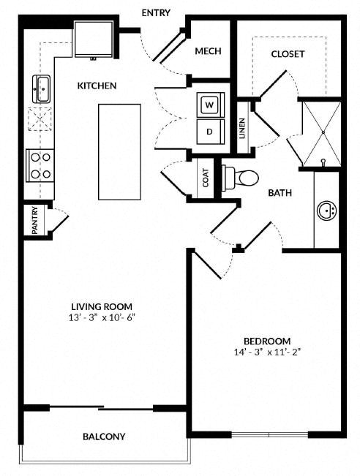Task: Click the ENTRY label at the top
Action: [x=156, y=12]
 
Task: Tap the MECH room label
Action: [x=208, y=51]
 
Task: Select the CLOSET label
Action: [x=288, y=54]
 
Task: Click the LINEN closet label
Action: [x=242, y=128]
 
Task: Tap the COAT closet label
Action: [x=206, y=178]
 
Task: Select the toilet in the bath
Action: [x=240, y=178]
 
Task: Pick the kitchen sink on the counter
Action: [x=42, y=88]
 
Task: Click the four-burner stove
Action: [x=40, y=165]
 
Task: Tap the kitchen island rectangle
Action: [x=119, y=152]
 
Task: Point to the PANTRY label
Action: [x=35, y=220]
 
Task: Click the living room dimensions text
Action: [x=102, y=318]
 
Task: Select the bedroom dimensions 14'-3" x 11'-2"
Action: [x=267, y=352]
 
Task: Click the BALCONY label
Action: [x=104, y=437]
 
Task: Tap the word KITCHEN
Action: [x=97, y=86]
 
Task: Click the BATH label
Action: [x=280, y=193]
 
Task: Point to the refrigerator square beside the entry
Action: [x=94, y=39]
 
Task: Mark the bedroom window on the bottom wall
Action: [x=270, y=435]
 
